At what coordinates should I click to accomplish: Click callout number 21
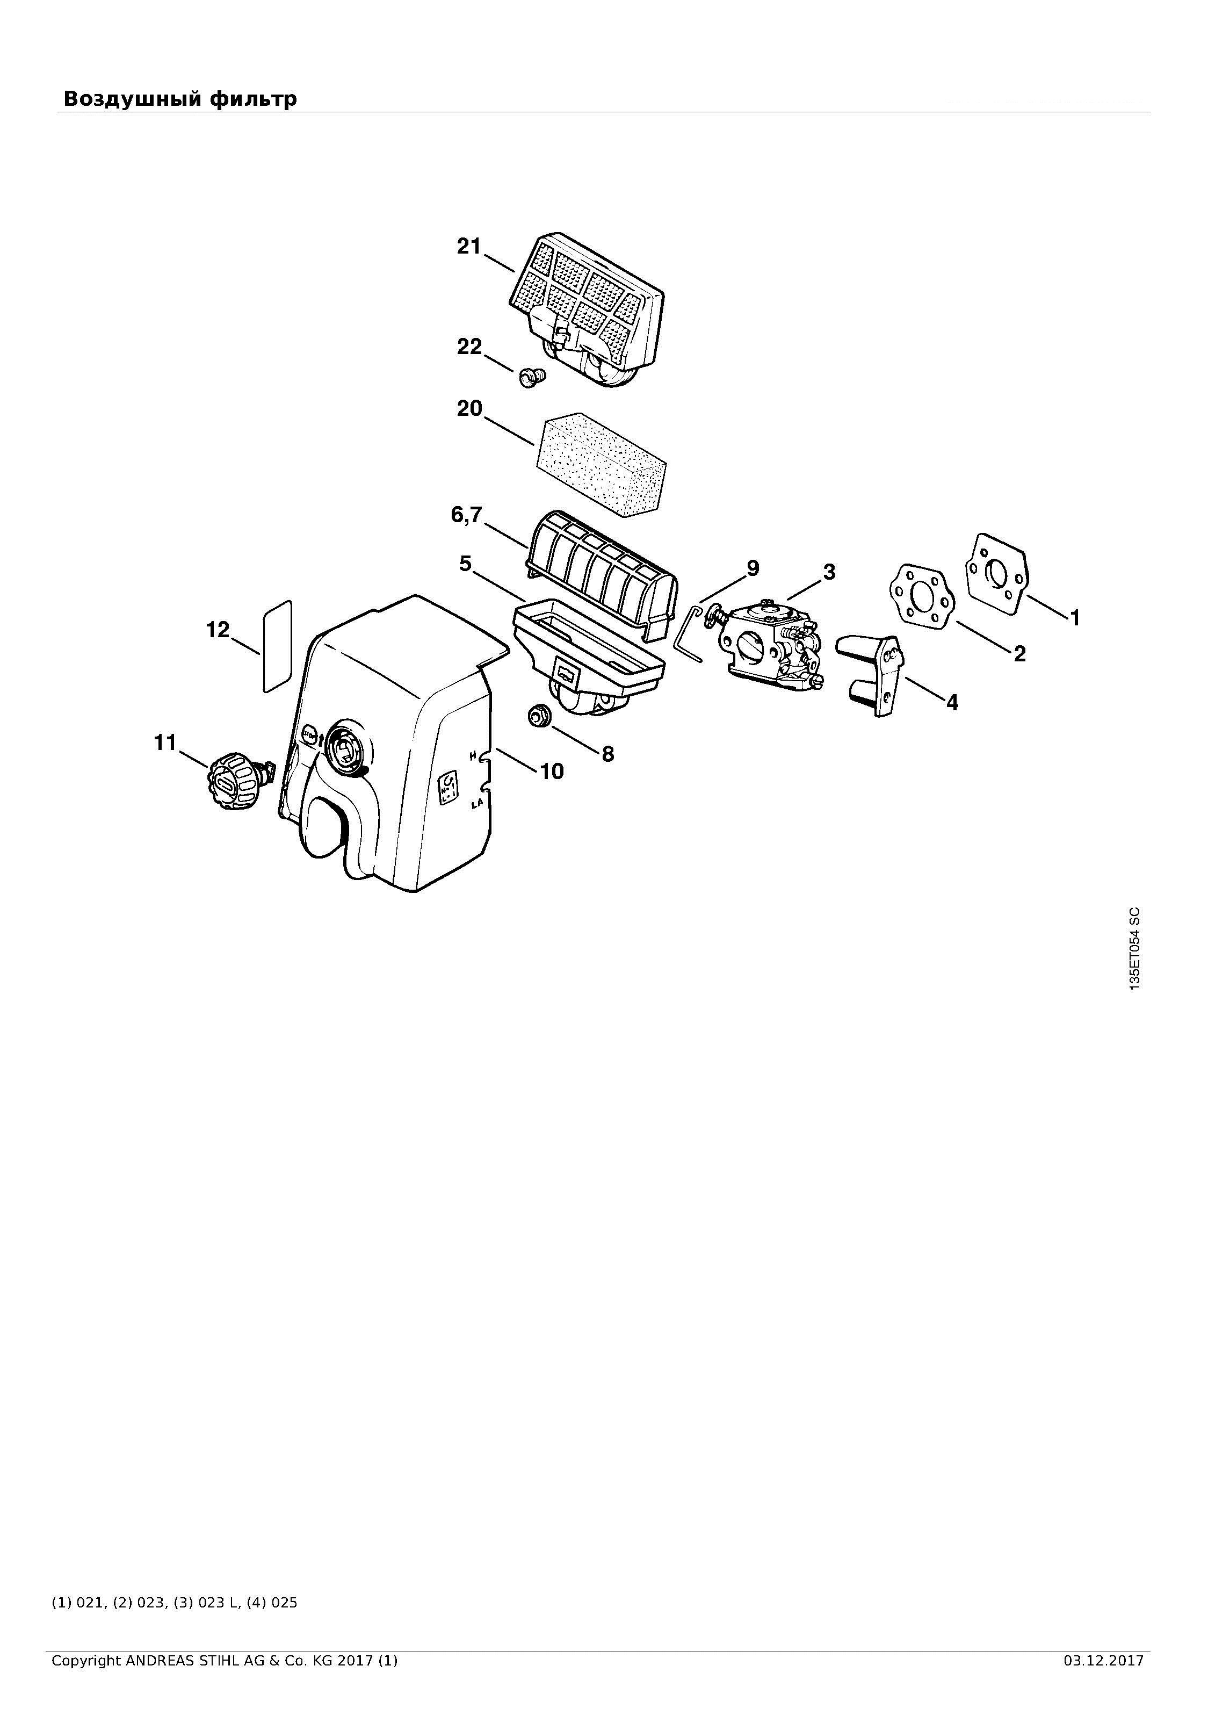coord(469,247)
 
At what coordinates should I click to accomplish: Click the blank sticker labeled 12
coord(277,646)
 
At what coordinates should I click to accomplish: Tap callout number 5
coord(465,564)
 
